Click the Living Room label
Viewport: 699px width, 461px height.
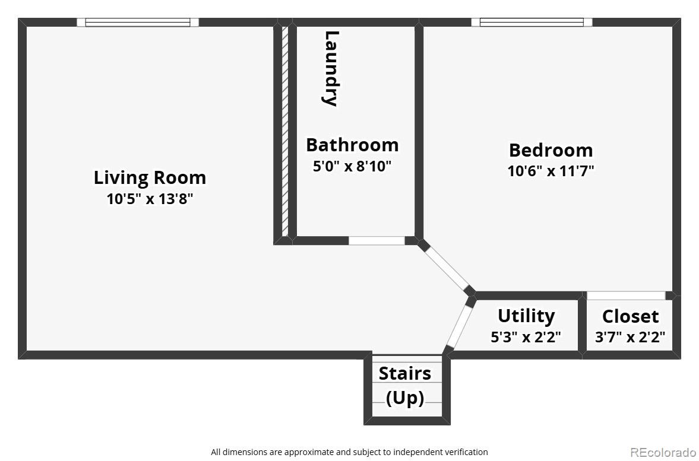pyautogui.click(x=150, y=177)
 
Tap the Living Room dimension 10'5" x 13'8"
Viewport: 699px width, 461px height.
pyautogui.click(x=150, y=199)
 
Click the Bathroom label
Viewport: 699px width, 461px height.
pyautogui.click(x=352, y=145)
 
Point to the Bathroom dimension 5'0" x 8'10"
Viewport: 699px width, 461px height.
pyautogui.click(x=352, y=166)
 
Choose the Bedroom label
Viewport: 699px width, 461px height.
pyautogui.click(x=551, y=150)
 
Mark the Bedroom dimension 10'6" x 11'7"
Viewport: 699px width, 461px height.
pyautogui.click(x=551, y=171)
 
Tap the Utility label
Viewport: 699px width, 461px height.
pyautogui.click(x=526, y=316)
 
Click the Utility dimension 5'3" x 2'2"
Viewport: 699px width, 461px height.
pyautogui.click(x=526, y=337)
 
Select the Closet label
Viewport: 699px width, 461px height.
pyautogui.click(x=630, y=316)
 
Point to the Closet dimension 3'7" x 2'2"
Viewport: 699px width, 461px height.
pyautogui.click(x=630, y=337)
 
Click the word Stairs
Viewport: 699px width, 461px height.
pyautogui.click(x=405, y=373)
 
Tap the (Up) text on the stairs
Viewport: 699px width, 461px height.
pyautogui.click(x=405, y=398)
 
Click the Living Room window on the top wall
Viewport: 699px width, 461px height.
pyautogui.click(x=138, y=23)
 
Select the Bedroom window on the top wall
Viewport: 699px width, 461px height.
pyautogui.click(x=532, y=23)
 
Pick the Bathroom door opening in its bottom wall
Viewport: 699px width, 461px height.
pyautogui.click(x=377, y=240)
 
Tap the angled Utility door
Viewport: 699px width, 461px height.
pyautogui.click(x=458, y=326)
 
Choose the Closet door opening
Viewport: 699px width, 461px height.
pyautogui.click(x=626, y=295)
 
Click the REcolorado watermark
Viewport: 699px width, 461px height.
pyautogui.click(x=662, y=452)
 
